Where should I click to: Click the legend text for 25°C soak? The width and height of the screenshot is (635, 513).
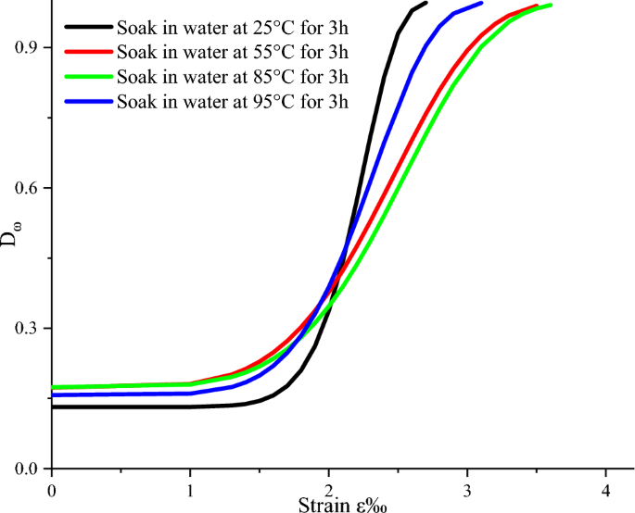227,27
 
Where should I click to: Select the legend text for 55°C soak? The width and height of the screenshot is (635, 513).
227,51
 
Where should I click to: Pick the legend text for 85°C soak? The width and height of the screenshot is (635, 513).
227,76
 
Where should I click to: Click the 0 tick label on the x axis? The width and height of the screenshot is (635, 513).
52,488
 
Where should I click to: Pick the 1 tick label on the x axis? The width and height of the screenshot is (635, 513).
190,488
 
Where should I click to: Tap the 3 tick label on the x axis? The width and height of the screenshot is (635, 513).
467,488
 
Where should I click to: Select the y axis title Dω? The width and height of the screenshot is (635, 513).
9,238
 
